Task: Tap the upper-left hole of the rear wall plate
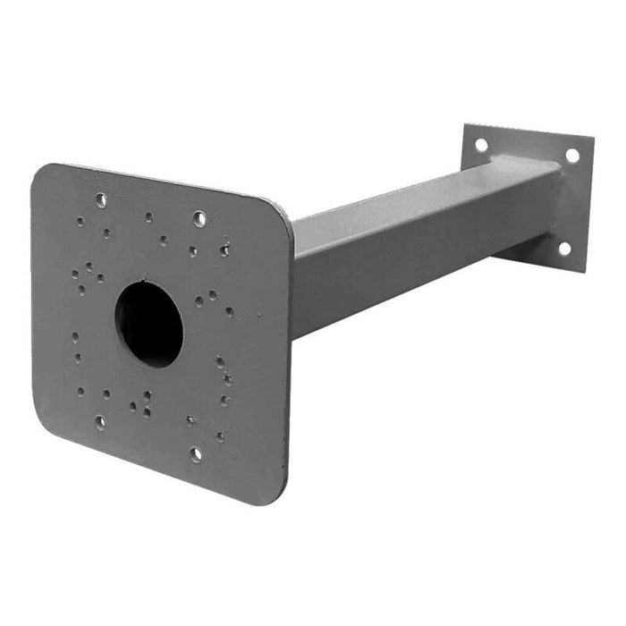pos(481,143)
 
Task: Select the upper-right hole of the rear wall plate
pos(571,156)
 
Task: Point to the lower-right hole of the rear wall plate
pos(564,250)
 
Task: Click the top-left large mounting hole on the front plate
pos(101,199)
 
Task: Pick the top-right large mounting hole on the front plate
pos(199,218)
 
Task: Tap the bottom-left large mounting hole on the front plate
pos(99,421)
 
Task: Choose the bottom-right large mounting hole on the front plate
pos(196,454)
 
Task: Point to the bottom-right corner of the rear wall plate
pos(583,269)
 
